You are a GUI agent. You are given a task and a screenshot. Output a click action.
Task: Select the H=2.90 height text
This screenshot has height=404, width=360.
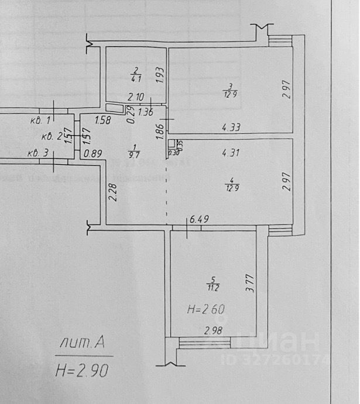pos(82,370)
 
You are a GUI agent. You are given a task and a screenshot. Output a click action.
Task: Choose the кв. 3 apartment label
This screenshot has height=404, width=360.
pos(38,154)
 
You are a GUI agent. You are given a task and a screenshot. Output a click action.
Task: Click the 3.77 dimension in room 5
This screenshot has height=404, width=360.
pos(250,284)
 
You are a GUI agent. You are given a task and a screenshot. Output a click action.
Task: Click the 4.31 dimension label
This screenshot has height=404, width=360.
pos(231,154)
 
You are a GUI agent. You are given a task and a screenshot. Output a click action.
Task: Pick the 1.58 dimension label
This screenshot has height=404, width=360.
pos(102,121)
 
